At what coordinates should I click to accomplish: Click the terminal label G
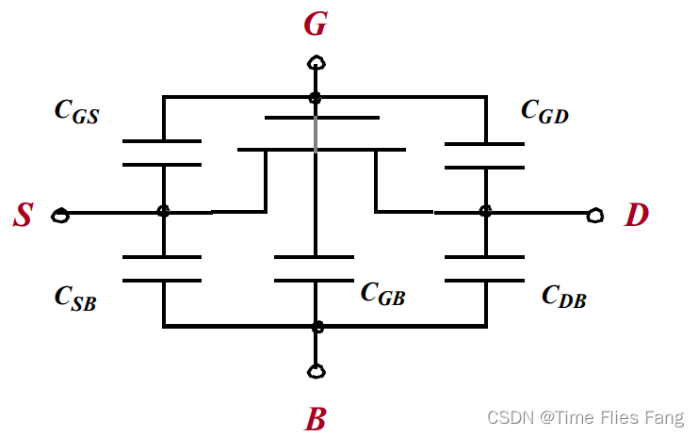click(316, 24)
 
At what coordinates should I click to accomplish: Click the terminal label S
click(23, 217)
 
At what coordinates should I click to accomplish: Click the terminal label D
click(637, 216)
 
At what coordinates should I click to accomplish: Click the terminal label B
click(316, 418)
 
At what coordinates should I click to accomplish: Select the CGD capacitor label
click(544, 111)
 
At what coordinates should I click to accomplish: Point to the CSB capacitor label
click(76, 298)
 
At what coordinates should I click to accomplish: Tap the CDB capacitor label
click(563, 297)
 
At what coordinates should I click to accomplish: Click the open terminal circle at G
click(317, 64)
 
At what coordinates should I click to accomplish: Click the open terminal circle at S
click(60, 216)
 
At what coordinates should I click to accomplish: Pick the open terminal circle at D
click(594, 216)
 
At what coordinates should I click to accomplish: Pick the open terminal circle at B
click(317, 370)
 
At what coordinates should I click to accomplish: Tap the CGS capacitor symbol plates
click(163, 153)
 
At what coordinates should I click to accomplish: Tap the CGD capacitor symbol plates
click(485, 155)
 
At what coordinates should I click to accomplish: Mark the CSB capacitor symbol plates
click(163, 268)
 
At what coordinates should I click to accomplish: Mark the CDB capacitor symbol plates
click(485, 268)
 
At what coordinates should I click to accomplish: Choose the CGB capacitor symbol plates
click(315, 268)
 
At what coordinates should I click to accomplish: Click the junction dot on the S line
click(163, 213)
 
